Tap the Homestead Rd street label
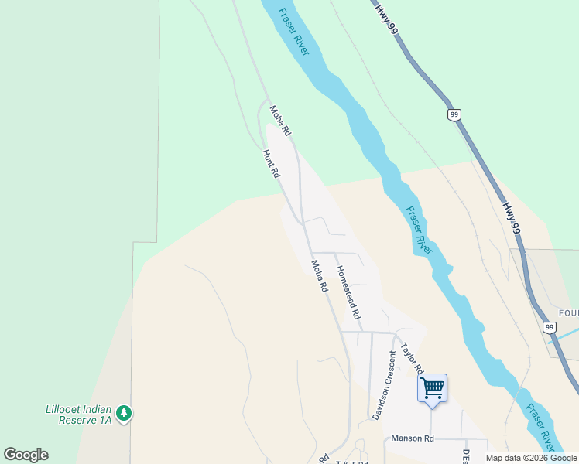[348, 293]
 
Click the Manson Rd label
[413, 438]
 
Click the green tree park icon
[124, 414]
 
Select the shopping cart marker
[432, 387]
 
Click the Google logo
[26, 455]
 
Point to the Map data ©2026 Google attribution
[531, 458]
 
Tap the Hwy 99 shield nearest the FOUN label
[550, 328]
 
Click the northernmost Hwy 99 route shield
[454, 114]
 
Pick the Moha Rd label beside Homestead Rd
[319, 275]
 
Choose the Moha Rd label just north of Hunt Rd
[279, 120]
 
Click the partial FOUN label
[567, 313]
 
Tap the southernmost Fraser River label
[540, 427]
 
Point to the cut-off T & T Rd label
[352, 462]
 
